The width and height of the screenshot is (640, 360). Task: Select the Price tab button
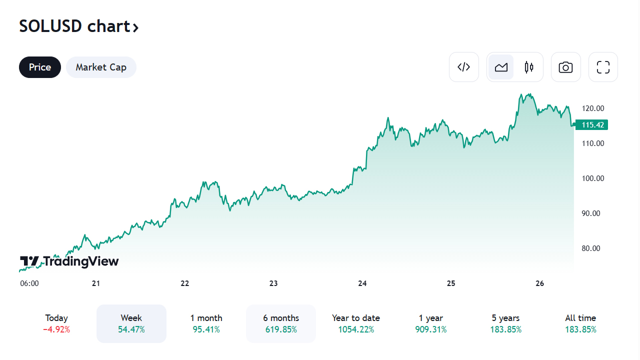pos(40,67)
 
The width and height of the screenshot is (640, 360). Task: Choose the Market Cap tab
pos(101,67)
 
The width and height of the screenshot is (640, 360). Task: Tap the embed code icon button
pos(464,67)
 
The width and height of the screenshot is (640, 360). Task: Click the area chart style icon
pos(501,67)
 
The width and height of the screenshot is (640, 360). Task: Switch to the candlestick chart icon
pos(529,67)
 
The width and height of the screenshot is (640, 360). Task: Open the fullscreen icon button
pos(603,67)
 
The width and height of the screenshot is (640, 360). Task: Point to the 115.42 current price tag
pos(592,124)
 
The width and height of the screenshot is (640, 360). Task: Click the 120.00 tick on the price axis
pos(593,108)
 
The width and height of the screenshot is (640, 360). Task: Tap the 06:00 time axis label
pos(29,283)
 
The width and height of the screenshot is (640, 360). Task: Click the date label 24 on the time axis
pos(362,283)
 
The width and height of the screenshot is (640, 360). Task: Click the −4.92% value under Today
pos(56,329)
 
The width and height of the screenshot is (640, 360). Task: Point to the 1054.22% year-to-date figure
pos(356,329)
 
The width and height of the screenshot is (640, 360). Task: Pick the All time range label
pos(580,318)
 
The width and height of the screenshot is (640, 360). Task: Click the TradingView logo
pos(69,261)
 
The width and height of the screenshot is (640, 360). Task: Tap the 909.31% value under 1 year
pos(431,329)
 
